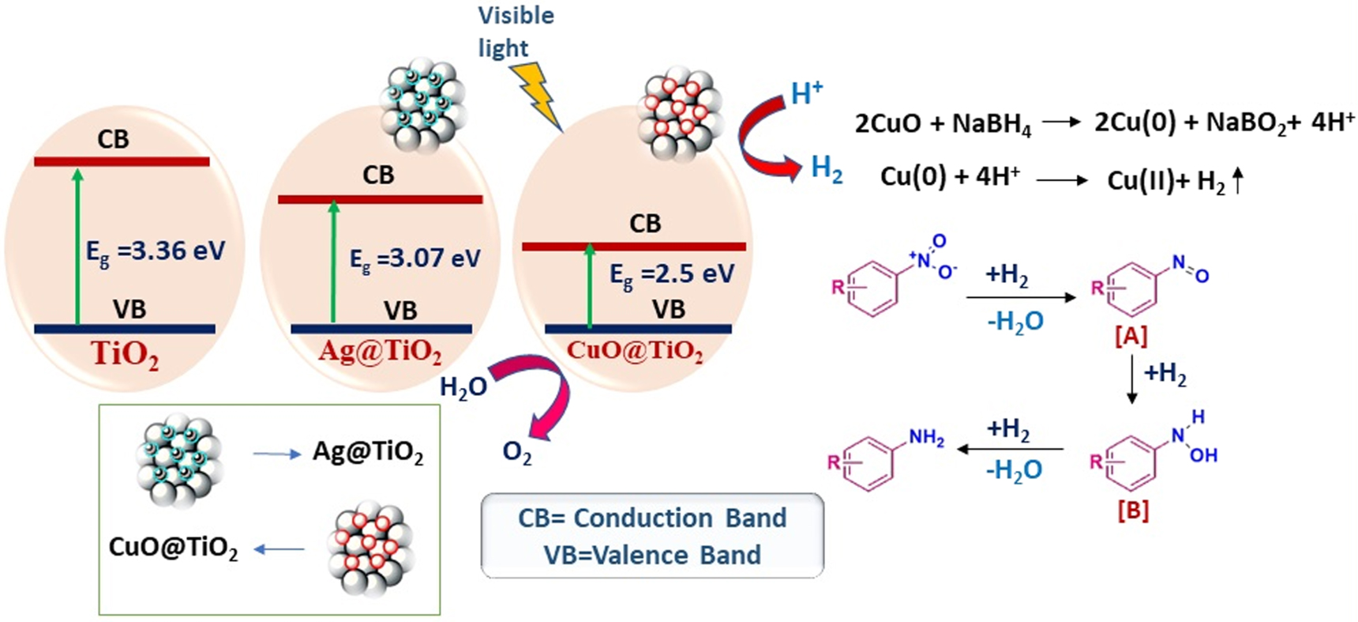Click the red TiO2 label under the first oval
coord(125,354)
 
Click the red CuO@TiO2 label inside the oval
coord(635,350)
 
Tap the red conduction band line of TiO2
coord(122,162)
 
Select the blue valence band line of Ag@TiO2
coord(381,329)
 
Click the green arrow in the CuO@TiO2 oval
coord(589,285)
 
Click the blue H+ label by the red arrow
coord(806,93)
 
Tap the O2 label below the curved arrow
coord(517,453)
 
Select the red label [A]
coord(1131,337)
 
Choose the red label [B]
coord(1132,511)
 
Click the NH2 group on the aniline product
coord(926,438)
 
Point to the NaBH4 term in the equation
coord(992,125)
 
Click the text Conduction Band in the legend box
coord(680,518)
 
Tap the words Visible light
coord(515,32)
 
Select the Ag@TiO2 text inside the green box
coord(368,452)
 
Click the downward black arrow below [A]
coord(1131,379)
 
